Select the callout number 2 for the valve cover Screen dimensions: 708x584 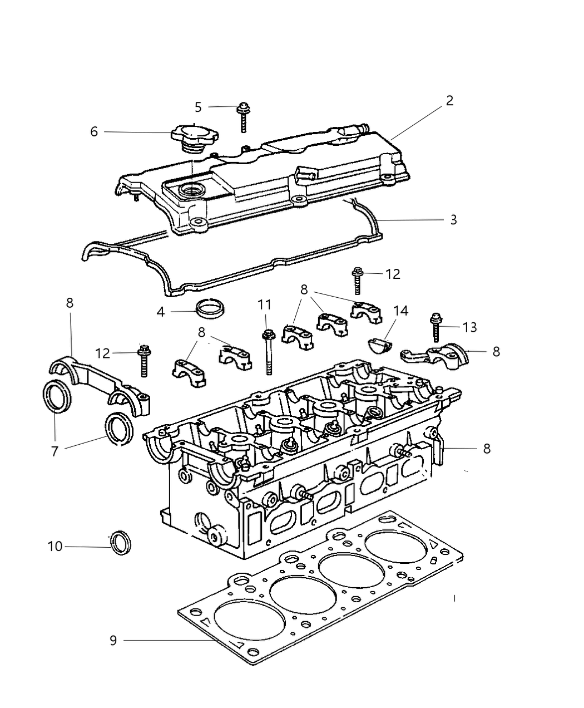[x=449, y=101]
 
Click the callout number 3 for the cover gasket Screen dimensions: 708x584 [x=453, y=220]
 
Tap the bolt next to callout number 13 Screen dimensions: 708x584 [x=435, y=328]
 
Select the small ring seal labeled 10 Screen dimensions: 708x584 [x=121, y=543]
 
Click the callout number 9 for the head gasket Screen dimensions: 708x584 [x=113, y=641]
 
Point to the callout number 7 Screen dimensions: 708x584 [x=55, y=451]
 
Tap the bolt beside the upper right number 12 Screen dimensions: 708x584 [x=357, y=281]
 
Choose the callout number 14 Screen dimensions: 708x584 [x=400, y=311]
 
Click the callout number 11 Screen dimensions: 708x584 [x=264, y=304]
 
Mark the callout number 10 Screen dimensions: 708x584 [x=55, y=547]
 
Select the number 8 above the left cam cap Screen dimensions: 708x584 [x=70, y=303]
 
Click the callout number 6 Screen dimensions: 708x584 [x=94, y=131]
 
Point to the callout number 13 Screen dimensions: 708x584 [x=470, y=327]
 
